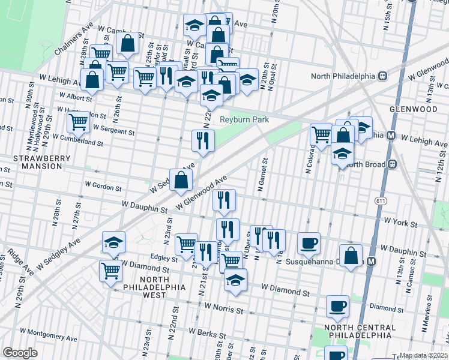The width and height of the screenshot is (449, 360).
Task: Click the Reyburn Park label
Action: coord(244,119)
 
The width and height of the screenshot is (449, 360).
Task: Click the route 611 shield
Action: coord(380,200)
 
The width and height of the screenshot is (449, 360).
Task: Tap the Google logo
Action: coord(20,353)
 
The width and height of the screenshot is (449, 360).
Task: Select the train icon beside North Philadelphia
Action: coord(382,76)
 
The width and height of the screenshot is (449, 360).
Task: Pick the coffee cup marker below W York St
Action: coord(309,243)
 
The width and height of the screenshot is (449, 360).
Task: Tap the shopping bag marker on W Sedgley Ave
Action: coord(181,179)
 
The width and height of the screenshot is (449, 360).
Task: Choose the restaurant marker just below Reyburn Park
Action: coord(203,140)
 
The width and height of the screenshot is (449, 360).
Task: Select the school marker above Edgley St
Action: coord(113,242)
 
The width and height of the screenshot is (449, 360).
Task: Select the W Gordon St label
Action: coord(103,186)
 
